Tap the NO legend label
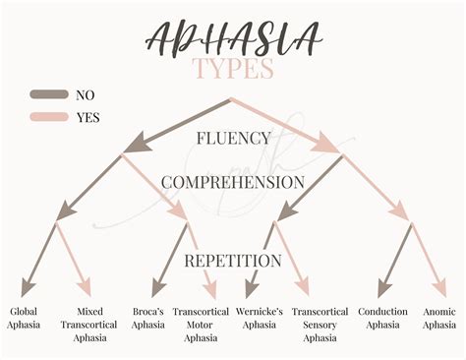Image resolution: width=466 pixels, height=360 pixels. (86, 95)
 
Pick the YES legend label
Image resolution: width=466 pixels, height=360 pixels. (87, 117)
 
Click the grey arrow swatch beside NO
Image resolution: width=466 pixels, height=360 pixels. (48, 95)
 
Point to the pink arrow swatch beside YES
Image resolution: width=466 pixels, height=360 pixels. (48, 117)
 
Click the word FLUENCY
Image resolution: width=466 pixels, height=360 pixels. (233, 139)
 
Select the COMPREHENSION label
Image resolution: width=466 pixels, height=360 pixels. (233, 183)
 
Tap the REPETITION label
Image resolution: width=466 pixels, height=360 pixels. (233, 262)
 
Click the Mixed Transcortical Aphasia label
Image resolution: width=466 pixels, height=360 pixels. (95, 326)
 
